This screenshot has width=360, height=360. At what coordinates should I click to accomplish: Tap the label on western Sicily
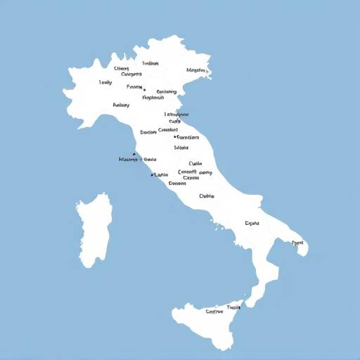pos(214,311)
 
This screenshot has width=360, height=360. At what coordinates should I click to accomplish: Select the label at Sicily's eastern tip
pos(234,307)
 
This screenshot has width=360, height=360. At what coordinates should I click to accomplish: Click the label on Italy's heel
pos(298,243)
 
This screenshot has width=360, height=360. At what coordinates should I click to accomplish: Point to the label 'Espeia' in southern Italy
pos(252,224)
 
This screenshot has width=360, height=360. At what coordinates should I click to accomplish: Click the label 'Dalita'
pos(206,196)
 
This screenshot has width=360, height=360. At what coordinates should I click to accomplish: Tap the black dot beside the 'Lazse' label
pos(152,175)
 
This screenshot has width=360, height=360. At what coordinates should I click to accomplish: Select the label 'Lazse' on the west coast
pos(161,174)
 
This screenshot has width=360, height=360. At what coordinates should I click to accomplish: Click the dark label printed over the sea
pos(127,160)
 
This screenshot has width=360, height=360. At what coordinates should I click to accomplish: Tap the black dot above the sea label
pos(134,154)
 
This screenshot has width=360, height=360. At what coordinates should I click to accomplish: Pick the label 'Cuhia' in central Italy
pos(195,163)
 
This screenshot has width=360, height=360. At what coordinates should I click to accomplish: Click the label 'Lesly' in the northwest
pos(105,82)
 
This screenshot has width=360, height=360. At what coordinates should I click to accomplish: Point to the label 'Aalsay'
pos(121,105)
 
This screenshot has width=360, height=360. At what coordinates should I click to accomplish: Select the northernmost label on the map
pos(150,63)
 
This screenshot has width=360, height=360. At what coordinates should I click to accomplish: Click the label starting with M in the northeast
pos(196,70)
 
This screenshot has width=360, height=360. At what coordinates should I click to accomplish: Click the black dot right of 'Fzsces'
pos(144,89)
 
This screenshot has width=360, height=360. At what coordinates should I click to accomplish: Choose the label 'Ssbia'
pos(181,148)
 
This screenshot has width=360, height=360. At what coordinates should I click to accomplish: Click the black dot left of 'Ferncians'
pos(174,136)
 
